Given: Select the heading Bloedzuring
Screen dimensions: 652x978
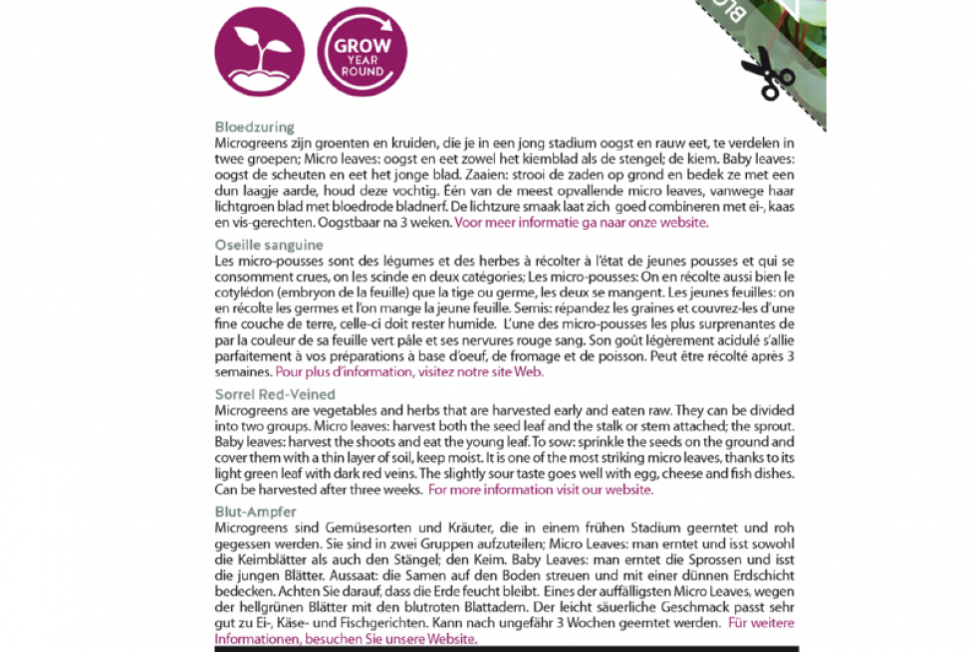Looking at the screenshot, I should pos(255,127).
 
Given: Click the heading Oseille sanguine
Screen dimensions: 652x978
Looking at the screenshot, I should pos(269,244).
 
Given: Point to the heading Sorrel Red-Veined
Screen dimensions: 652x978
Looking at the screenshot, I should pos(275,394).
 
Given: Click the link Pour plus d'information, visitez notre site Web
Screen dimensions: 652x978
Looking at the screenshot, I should pos(410,372).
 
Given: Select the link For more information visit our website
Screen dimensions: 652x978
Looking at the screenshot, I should pos(542,490).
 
